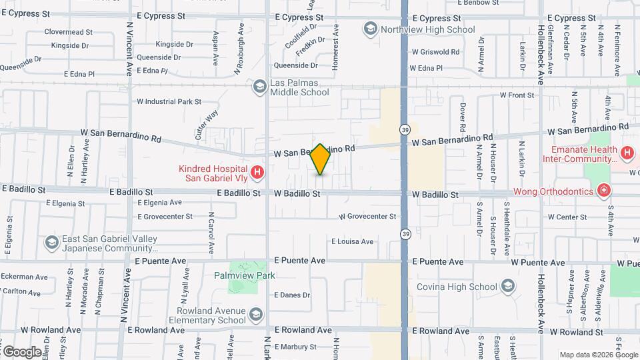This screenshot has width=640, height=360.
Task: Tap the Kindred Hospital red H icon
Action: pyautogui.click(x=258, y=173)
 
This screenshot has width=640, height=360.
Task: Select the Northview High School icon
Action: pyautogui.click(x=370, y=29)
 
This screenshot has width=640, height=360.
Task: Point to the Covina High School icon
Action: pyautogui.click(x=508, y=287)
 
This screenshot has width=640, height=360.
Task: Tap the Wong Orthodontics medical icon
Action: pyautogui.click(x=603, y=191)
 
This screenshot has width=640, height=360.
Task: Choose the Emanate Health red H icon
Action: pyautogui.click(x=627, y=153)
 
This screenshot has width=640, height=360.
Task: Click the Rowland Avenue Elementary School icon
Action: pyautogui.click(x=255, y=315)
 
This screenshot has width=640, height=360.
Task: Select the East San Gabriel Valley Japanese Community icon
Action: pyautogui.click(x=52, y=243)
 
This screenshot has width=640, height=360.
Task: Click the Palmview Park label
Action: pyautogui.click(x=245, y=275)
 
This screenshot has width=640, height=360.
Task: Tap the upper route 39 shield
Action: pyautogui.click(x=405, y=128)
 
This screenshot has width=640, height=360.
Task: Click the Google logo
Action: pyautogui.click(x=21, y=351)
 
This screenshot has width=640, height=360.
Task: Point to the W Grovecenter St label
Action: pyautogui.click(x=367, y=216)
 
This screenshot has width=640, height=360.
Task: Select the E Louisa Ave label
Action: pyautogui.click(x=352, y=241)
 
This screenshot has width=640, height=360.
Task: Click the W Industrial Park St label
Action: pyautogui.click(x=169, y=102)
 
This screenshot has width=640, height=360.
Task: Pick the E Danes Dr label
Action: pyautogui.click(x=292, y=295)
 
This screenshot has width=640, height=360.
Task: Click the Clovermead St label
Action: pyautogui.click(x=68, y=31)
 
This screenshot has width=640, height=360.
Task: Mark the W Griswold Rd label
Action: pyautogui.click(x=435, y=51)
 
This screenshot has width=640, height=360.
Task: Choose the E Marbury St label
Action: pyautogui.click(x=295, y=347)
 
